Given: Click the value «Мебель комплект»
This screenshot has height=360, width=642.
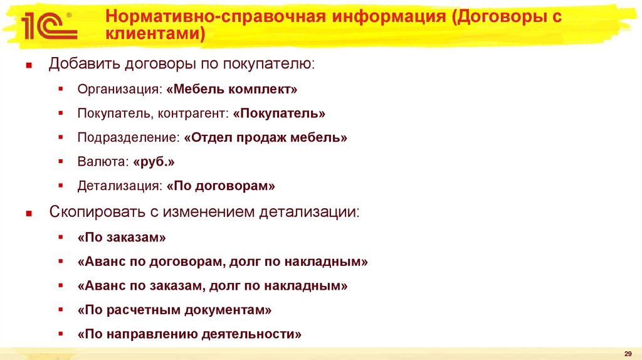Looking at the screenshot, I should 232,90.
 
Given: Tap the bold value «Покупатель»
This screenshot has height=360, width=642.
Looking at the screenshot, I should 279,114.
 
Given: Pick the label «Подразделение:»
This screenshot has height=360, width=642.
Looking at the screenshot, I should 129,137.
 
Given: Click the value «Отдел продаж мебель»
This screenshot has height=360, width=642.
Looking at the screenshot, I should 266,137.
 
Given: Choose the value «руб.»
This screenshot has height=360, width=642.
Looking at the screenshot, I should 154,162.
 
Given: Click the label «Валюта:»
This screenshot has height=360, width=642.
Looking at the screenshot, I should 103,162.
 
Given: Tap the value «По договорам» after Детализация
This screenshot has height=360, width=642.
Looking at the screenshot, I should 221,186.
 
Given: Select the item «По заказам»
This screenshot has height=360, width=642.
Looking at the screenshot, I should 122,238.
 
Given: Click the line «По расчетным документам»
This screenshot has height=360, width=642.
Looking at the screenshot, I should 175,310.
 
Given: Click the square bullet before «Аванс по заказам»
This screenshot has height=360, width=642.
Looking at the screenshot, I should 60,285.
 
